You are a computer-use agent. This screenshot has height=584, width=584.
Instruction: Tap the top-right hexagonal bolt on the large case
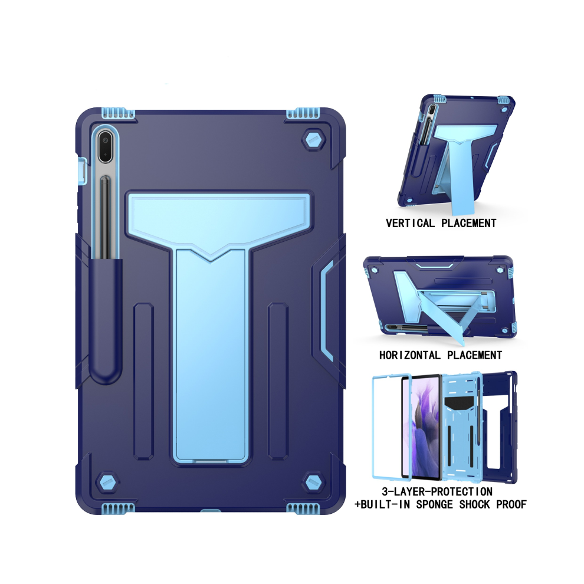pyautogui.click(x=314, y=140)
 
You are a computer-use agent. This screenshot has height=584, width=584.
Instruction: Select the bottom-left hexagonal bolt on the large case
pyautogui.click(x=107, y=483)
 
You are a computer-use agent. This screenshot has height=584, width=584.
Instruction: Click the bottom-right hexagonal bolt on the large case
pyautogui.click(x=313, y=483)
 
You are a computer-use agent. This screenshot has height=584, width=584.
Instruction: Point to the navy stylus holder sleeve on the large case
pyautogui.click(x=107, y=320)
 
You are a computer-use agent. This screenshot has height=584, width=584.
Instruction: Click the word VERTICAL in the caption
pyautogui.click(x=410, y=223)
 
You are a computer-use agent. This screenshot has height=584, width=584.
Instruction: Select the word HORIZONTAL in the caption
pyautogui.click(x=410, y=355)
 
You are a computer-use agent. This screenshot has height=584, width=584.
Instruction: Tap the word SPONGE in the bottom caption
pyautogui.click(x=434, y=504)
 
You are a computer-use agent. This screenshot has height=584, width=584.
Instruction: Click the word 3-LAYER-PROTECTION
pyautogui.click(x=437, y=491)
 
